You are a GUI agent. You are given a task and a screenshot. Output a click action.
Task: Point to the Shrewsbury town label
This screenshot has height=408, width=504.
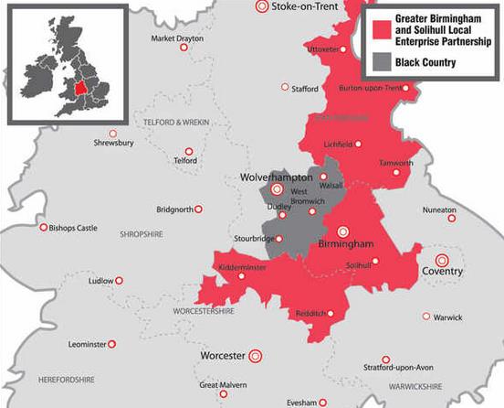pyautogui.click(x=113, y=144)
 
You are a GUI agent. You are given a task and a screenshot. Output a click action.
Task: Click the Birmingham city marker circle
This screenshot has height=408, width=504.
pyautogui.click(x=343, y=231)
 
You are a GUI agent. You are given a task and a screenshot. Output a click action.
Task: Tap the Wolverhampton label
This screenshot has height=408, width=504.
pyautogui.click(x=277, y=176)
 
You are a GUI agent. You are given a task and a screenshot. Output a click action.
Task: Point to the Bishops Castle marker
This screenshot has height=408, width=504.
pyautogui.click(x=42, y=227)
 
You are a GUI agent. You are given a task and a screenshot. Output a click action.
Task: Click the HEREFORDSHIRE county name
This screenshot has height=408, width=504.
pyautogui.click(x=65, y=378)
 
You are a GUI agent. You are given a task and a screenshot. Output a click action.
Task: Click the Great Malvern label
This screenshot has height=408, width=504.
pyautogui.click(x=224, y=385)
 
